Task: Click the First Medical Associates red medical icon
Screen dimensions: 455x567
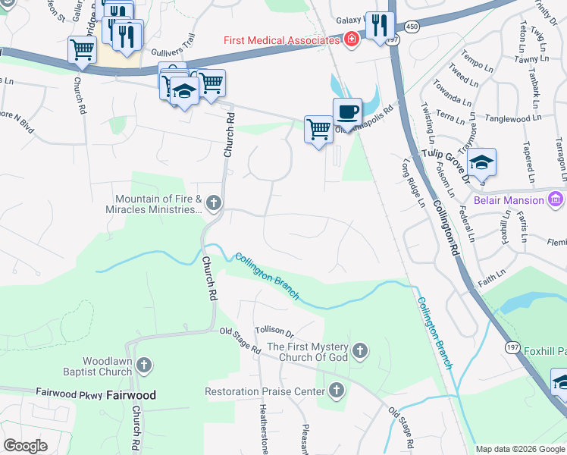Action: [351, 39]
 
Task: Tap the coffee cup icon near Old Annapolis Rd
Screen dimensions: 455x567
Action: [347, 111]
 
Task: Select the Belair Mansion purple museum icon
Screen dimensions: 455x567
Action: [556, 200]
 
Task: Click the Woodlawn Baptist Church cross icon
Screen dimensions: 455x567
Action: [145, 366]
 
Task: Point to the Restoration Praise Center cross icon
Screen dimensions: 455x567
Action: [337, 391]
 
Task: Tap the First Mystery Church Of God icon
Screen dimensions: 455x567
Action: [360, 351]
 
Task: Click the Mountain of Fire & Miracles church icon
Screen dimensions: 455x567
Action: [214, 203]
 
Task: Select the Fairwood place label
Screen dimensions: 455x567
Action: [130, 395]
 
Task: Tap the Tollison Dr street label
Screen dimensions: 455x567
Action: [274, 331]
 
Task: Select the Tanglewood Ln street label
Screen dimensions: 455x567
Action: [514, 119]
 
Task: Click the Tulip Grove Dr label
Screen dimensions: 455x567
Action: [443, 151]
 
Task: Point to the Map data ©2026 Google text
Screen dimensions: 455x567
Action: [519, 449]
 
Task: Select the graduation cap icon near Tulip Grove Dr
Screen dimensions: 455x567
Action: [481, 162]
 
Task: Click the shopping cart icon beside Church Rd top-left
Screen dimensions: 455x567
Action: [82, 50]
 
